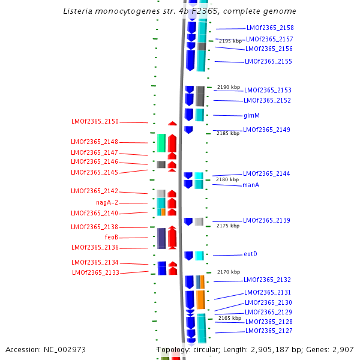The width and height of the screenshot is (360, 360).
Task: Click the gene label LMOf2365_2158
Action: (270, 28)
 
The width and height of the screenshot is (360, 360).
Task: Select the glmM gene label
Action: (251, 115)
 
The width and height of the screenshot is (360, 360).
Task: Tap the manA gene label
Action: (251, 185)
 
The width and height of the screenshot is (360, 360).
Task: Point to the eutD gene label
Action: (250, 254)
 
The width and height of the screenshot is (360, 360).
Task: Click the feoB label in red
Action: (112, 238)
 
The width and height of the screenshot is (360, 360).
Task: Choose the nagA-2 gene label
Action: (107, 203)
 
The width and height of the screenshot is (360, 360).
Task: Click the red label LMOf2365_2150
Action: (95, 122)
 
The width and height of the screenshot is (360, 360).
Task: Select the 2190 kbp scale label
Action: (228, 87)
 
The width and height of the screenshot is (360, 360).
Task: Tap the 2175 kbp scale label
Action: (228, 226)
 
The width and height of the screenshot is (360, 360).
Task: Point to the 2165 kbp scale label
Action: (230, 318)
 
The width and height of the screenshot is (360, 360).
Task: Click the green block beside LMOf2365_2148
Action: (161, 143)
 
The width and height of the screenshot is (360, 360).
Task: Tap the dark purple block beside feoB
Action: (161, 238)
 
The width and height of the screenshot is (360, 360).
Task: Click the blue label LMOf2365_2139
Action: (266, 221)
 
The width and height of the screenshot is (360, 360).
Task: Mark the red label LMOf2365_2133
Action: (95, 272)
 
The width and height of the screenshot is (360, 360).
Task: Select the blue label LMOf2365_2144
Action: (266, 174)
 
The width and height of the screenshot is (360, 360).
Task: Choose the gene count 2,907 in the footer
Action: (343, 349)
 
